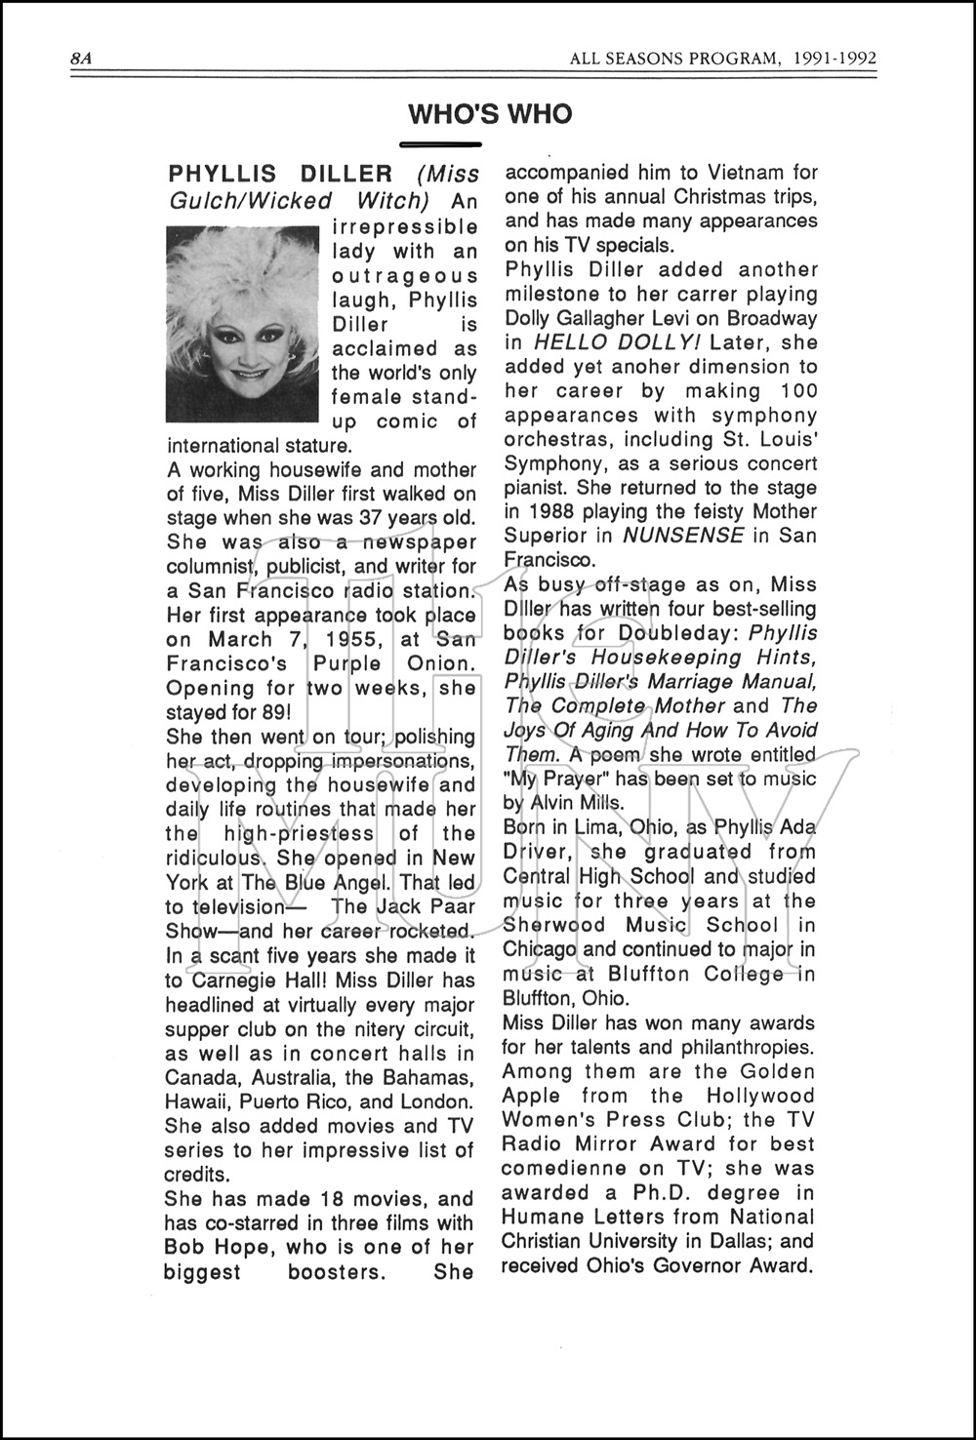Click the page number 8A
click(81, 59)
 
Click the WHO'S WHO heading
click(490, 115)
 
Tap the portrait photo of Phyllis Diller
click(243, 323)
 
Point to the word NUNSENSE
click(683, 536)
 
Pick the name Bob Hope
click(212, 1247)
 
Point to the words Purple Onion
click(407, 664)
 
